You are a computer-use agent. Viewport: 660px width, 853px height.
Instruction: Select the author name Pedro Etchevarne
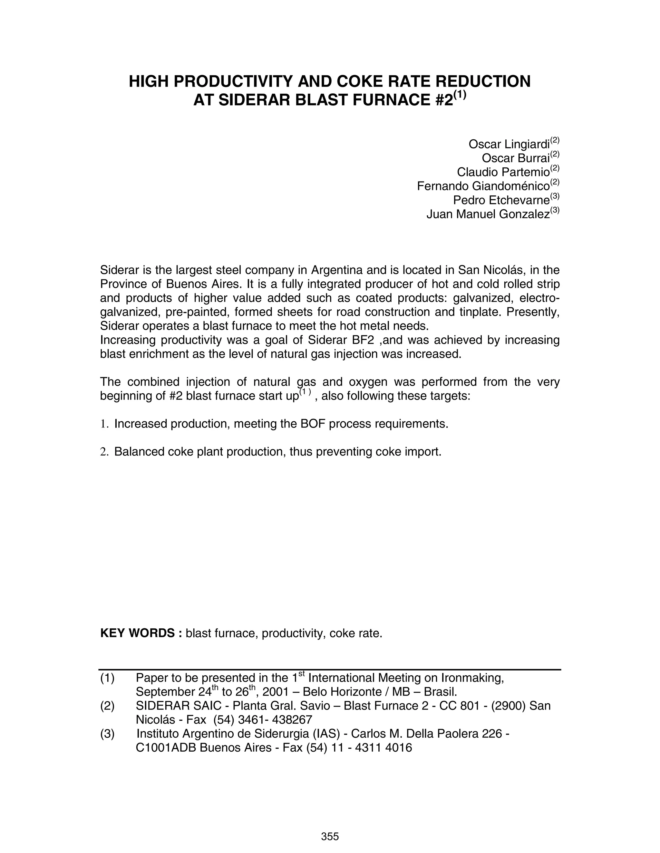coord(501,200)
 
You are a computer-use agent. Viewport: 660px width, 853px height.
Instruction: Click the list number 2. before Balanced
coord(104,452)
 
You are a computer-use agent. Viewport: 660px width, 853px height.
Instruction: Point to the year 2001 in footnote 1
coord(275,692)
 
